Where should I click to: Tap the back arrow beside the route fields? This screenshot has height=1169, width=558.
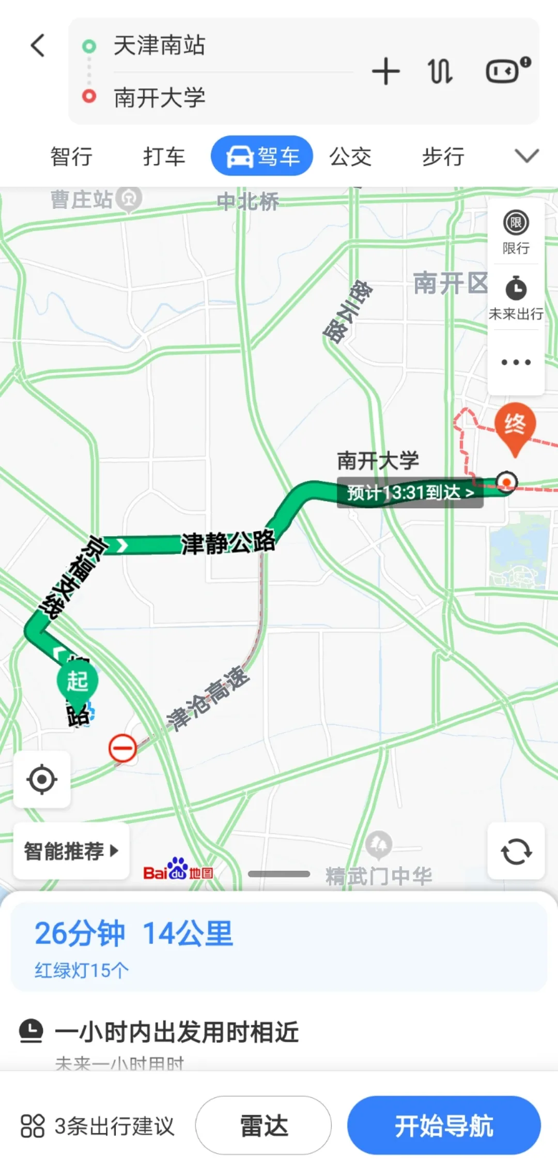[x=38, y=45]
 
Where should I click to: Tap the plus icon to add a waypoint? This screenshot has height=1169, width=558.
[x=385, y=71]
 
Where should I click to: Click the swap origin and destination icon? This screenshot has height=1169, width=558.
[x=440, y=71]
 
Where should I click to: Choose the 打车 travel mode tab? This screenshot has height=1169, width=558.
[x=164, y=156]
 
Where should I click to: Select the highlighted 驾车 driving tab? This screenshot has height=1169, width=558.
[x=262, y=156]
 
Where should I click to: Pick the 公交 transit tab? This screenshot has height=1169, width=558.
[x=350, y=156]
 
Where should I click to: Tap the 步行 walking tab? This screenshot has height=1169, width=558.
[x=443, y=156]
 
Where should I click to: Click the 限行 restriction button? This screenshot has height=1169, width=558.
[x=516, y=232]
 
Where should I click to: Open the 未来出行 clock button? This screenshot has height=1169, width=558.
[x=516, y=297]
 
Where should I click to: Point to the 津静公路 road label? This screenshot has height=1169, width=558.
[x=227, y=542]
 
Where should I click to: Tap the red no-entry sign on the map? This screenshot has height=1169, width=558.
[x=122, y=748]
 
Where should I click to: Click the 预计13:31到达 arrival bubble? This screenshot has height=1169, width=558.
[x=410, y=492]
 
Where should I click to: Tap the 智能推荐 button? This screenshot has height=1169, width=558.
[x=71, y=851]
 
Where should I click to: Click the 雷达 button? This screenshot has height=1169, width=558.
[x=263, y=1125]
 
